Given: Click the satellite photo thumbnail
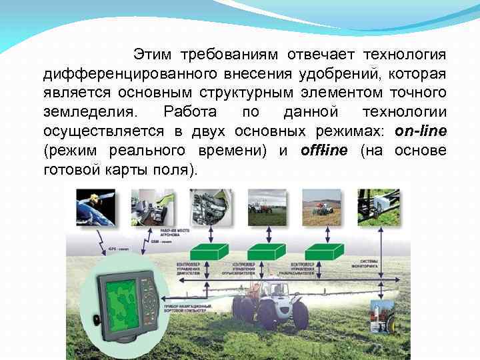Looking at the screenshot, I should tap(95, 207).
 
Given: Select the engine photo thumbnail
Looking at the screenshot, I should tap(211, 207).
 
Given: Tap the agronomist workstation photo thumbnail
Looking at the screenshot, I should tap(153, 207).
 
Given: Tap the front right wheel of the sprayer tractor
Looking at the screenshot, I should tap(301, 315).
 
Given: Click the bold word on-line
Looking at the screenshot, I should tap(421, 131).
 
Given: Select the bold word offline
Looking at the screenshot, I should tap(324, 150).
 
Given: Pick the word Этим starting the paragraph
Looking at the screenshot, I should tap(152, 53).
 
